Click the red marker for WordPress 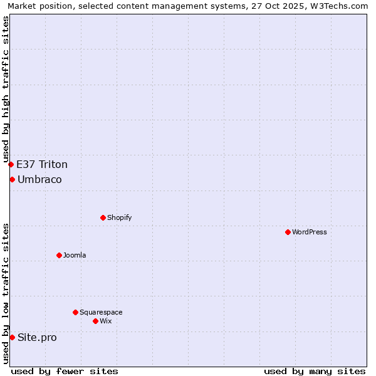[x=288, y=232]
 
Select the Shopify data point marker [x=103, y=217]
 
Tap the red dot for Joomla [x=59, y=255]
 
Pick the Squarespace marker [x=75, y=312]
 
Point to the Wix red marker [x=95, y=321]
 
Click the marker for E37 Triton [x=11, y=164]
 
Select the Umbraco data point [x=12, y=179]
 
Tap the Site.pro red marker [x=12, y=337]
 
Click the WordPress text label [x=310, y=232]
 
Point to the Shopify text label [x=119, y=217]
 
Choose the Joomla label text [x=75, y=255]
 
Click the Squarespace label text [x=101, y=312]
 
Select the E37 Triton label [x=42, y=165]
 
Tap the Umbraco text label [x=39, y=180]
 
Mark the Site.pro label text [x=37, y=338]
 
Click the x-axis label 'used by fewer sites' [x=65, y=371]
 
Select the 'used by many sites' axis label [x=315, y=371]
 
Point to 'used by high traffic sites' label [x=6, y=89]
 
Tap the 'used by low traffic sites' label [x=6, y=293]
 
